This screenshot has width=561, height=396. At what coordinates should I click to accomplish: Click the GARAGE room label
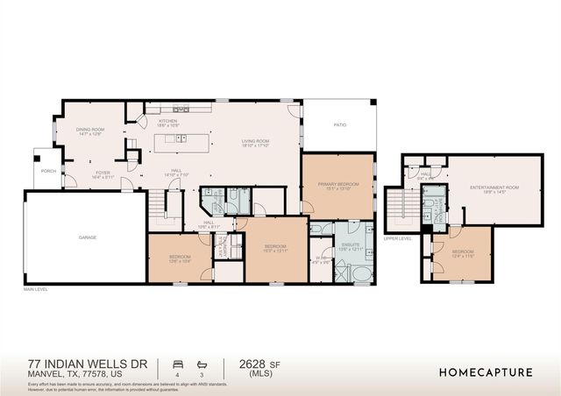[87, 237]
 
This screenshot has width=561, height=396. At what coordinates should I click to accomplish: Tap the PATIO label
[339, 125]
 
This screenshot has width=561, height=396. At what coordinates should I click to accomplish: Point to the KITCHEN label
[168, 122]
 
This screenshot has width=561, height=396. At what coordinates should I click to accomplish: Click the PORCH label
[48, 171]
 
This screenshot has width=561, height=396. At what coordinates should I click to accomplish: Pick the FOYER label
[103, 175]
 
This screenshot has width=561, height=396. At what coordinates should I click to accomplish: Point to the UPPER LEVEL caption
[398, 237]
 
